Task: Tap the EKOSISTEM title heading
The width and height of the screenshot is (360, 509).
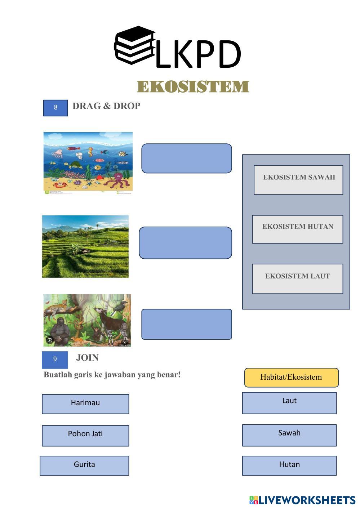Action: [x=193, y=87]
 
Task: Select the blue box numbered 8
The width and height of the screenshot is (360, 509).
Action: [x=55, y=108]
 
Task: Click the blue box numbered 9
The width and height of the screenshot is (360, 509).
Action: [x=55, y=359]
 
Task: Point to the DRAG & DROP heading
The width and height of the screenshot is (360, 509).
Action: [x=106, y=106]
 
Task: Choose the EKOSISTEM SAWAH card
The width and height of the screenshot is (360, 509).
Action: [x=298, y=180]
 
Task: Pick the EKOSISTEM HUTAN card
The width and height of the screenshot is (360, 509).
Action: [x=297, y=229]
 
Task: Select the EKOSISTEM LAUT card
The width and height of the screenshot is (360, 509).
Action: [x=297, y=278]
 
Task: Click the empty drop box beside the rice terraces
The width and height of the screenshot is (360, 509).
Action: [x=185, y=243]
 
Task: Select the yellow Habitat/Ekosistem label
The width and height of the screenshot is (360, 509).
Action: [x=291, y=378]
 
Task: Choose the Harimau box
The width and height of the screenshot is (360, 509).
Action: [x=85, y=404]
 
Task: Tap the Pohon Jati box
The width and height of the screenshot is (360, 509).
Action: [x=85, y=436]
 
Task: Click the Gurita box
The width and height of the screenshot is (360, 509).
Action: [x=84, y=465]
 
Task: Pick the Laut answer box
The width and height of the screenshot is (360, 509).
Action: [x=289, y=403]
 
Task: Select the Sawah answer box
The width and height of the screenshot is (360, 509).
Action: [x=289, y=435]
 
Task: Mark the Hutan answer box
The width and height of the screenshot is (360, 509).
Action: [x=289, y=465]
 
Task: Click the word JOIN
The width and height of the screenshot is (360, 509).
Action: [x=87, y=358]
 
